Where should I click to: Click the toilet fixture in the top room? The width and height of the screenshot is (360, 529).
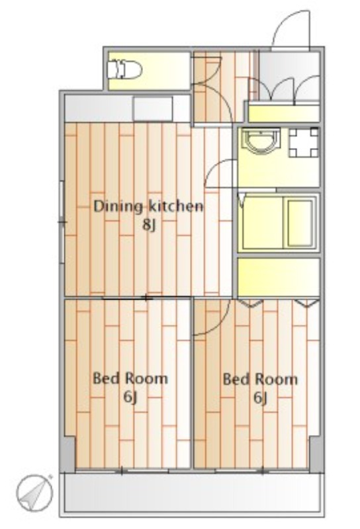click(124, 70)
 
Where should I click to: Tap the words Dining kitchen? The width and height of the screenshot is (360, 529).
click(149, 206)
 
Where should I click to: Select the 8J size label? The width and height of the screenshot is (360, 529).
click(149, 225)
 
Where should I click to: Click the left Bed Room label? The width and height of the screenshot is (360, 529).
click(130, 378)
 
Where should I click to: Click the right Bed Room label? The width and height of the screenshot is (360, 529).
click(260, 379)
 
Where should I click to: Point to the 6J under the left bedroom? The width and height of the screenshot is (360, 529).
click(130, 397)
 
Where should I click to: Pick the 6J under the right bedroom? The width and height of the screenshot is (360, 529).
click(260, 398)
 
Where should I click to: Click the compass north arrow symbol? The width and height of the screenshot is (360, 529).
click(35, 493)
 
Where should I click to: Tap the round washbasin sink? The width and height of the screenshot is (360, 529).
click(261, 141)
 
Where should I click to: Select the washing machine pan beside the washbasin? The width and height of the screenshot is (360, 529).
click(304, 142)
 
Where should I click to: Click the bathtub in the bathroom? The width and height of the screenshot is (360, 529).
click(300, 224)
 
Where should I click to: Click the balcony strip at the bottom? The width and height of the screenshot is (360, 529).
click(192, 493)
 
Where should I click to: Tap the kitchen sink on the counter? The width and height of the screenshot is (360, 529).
click(153, 108)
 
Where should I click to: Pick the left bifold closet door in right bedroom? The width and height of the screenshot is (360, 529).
click(250, 303)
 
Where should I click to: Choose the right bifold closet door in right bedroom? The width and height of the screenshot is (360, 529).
click(306, 303)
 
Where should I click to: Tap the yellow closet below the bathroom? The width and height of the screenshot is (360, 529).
click(279, 277)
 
